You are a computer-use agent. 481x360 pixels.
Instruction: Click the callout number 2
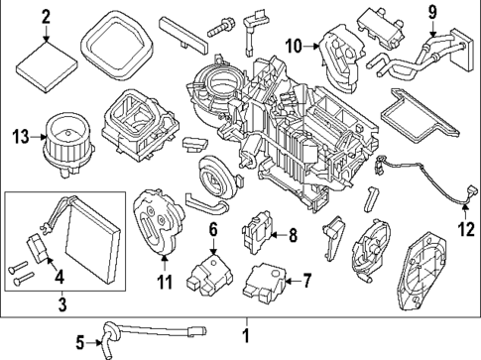tap(46, 16)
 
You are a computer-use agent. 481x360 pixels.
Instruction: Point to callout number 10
tap(294, 45)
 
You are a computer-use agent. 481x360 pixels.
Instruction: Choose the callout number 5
tap(81, 343)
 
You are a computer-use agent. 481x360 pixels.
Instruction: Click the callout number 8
tap(292, 235)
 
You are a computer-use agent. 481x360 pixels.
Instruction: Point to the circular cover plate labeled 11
tap(159, 226)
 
